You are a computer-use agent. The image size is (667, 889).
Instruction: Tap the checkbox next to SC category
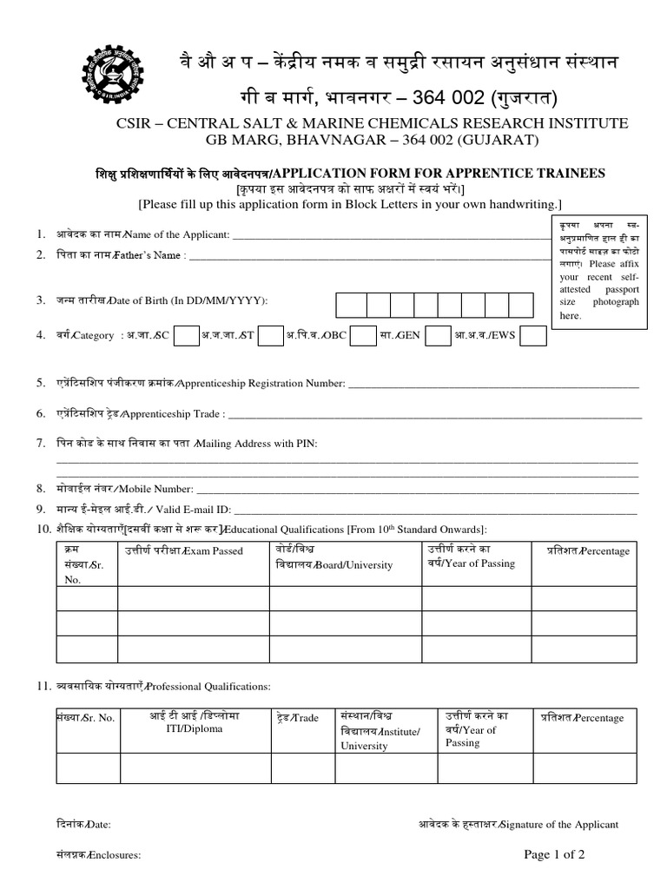click(187, 336)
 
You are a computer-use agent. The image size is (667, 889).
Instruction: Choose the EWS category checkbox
click(533, 336)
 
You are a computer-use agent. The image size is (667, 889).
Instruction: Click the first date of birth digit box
click(351, 305)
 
